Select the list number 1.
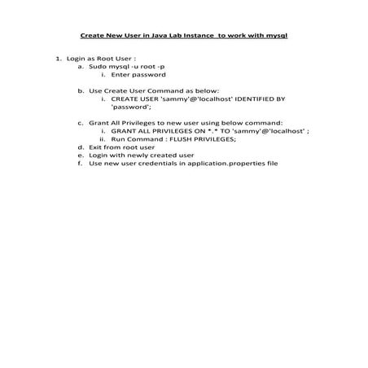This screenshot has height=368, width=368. pos(58,59)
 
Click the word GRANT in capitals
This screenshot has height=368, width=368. pos(122,130)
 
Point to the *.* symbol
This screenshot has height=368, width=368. pos(208,130)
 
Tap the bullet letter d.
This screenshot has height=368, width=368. pos(81,147)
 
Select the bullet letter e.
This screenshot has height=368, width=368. pos(81,155)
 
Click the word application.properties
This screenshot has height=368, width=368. pos(232,163)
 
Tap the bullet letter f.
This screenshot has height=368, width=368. pos(81,163)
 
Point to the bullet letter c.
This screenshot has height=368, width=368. pos(81,122)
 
